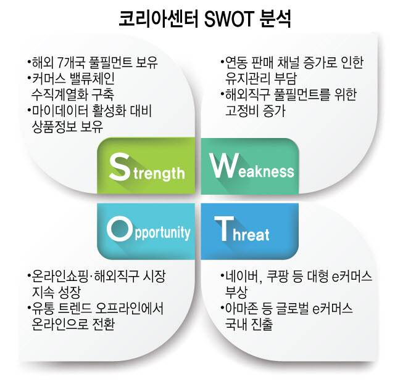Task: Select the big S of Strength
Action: (118, 165)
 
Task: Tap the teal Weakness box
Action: (250, 165)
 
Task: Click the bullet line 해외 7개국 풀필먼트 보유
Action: (93, 63)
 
